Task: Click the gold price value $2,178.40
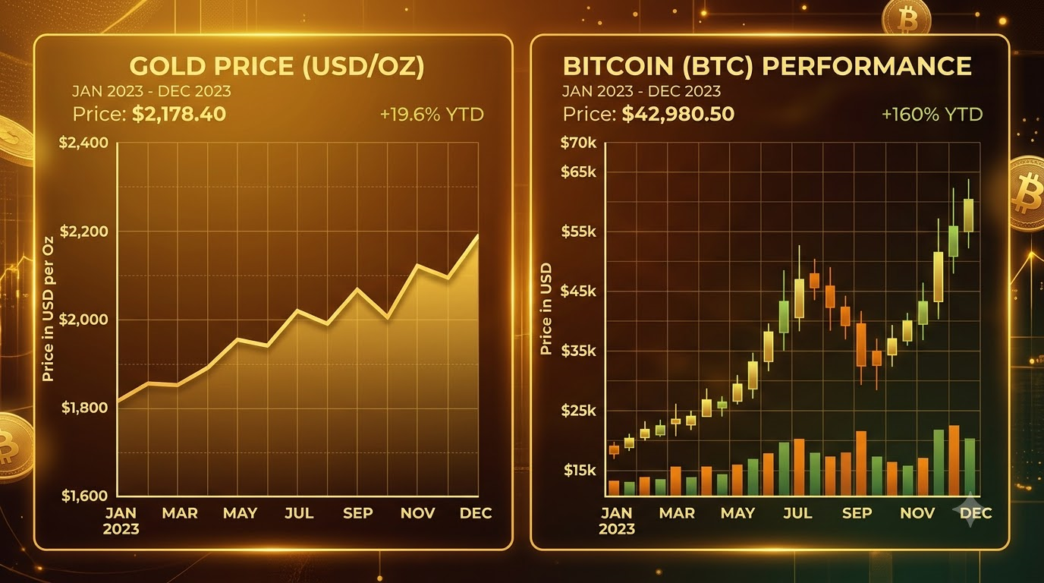[x=179, y=115]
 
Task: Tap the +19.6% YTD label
[x=432, y=115]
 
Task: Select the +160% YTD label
[x=932, y=115]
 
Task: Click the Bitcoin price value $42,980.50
[x=678, y=115]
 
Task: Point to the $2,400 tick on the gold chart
[x=84, y=143]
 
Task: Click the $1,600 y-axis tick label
[x=84, y=496]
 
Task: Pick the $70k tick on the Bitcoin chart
[x=578, y=143]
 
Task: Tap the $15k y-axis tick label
[x=580, y=471]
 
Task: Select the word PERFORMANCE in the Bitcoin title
[x=867, y=66]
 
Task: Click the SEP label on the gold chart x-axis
[x=358, y=513]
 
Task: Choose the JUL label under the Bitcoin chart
[x=797, y=513]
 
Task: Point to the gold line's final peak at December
[x=478, y=235]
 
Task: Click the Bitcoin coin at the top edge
[x=906, y=17]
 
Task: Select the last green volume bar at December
[x=970, y=466]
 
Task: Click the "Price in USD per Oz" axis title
[x=48, y=309]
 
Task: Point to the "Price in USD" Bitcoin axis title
[x=546, y=309]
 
